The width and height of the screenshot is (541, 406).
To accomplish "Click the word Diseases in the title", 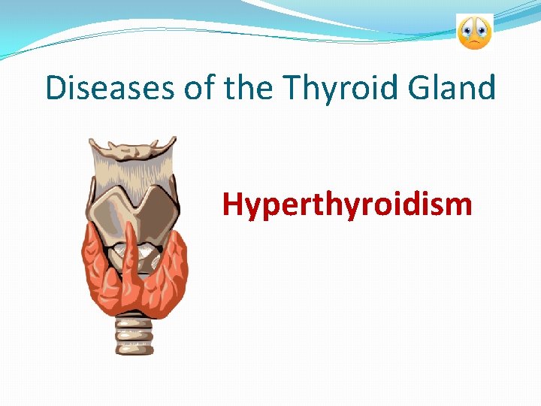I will (x=111, y=88).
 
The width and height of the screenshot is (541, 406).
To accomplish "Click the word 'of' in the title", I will (x=202, y=88).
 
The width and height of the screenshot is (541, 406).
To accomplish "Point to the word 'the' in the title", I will (x=252, y=88).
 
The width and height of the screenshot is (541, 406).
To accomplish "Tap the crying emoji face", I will (x=474, y=32).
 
